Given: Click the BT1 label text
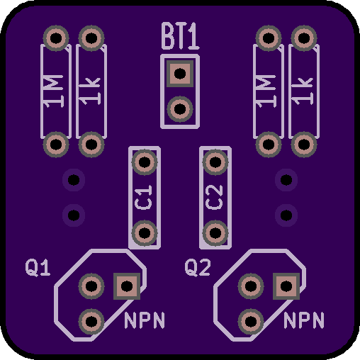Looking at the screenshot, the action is click(x=181, y=36).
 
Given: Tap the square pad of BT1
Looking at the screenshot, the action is click(x=180, y=74).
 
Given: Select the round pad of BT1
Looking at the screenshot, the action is click(x=180, y=109).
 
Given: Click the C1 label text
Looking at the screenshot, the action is click(x=144, y=198).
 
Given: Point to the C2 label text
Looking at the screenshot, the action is click(x=215, y=198).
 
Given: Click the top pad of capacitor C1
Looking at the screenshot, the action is click(x=145, y=162).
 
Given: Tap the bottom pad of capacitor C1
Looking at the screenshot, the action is click(x=145, y=233).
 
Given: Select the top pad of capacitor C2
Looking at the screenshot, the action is click(x=215, y=162).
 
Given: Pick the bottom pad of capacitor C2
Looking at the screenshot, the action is click(x=215, y=233).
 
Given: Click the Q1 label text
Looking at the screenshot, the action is click(x=38, y=268).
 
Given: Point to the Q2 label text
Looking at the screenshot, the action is click(x=198, y=268).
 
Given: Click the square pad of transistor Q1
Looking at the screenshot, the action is click(x=127, y=286).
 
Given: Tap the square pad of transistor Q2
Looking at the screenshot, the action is click(x=286, y=286).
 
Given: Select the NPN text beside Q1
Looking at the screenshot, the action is click(x=145, y=320).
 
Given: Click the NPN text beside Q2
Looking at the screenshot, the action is click(x=304, y=320).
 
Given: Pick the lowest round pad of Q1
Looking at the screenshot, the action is click(x=91, y=322).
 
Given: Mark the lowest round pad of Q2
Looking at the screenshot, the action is click(x=251, y=322).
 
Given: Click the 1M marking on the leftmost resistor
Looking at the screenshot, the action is click(x=52, y=91).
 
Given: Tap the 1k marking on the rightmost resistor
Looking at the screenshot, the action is click(x=303, y=91).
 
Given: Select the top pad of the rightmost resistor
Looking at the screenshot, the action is click(x=304, y=38).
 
